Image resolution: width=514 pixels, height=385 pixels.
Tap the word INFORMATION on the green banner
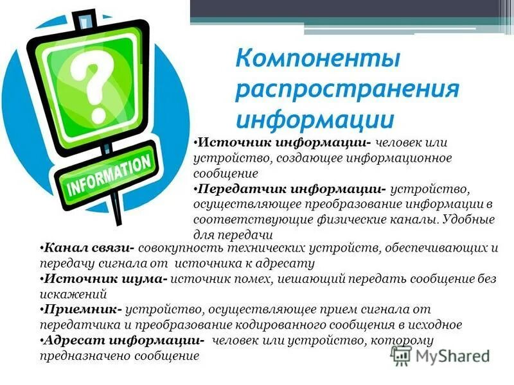coord(109,172)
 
